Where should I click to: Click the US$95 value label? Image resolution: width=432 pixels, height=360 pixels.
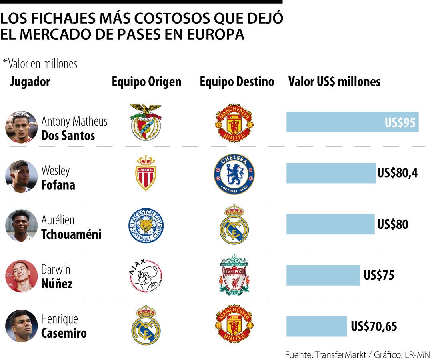[x=400, y=122]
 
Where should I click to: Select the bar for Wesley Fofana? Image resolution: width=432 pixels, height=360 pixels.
[x=331, y=173]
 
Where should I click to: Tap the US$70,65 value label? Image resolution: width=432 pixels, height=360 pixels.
[x=374, y=326]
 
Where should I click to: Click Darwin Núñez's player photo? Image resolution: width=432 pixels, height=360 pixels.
[x=21, y=276]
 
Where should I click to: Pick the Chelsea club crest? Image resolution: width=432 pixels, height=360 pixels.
[x=234, y=174]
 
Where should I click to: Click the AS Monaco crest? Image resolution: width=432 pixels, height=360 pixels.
[x=146, y=173]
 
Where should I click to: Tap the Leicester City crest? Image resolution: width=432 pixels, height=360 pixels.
[x=146, y=225]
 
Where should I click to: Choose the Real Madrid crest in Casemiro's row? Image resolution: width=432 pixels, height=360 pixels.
[x=146, y=325]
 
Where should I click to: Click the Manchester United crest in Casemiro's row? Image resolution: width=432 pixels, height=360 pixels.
[x=234, y=324]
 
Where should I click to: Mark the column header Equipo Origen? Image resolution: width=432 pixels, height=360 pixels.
[x=146, y=82]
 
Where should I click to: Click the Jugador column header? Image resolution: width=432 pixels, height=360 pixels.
[x=30, y=82]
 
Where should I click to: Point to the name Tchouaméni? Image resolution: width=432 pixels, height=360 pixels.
[x=71, y=234]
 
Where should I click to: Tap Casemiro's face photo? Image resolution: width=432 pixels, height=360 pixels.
[x=21, y=326]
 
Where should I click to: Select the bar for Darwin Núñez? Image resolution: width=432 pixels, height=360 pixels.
[x=323, y=275]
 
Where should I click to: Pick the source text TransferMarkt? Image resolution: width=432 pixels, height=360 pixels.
[x=338, y=355]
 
